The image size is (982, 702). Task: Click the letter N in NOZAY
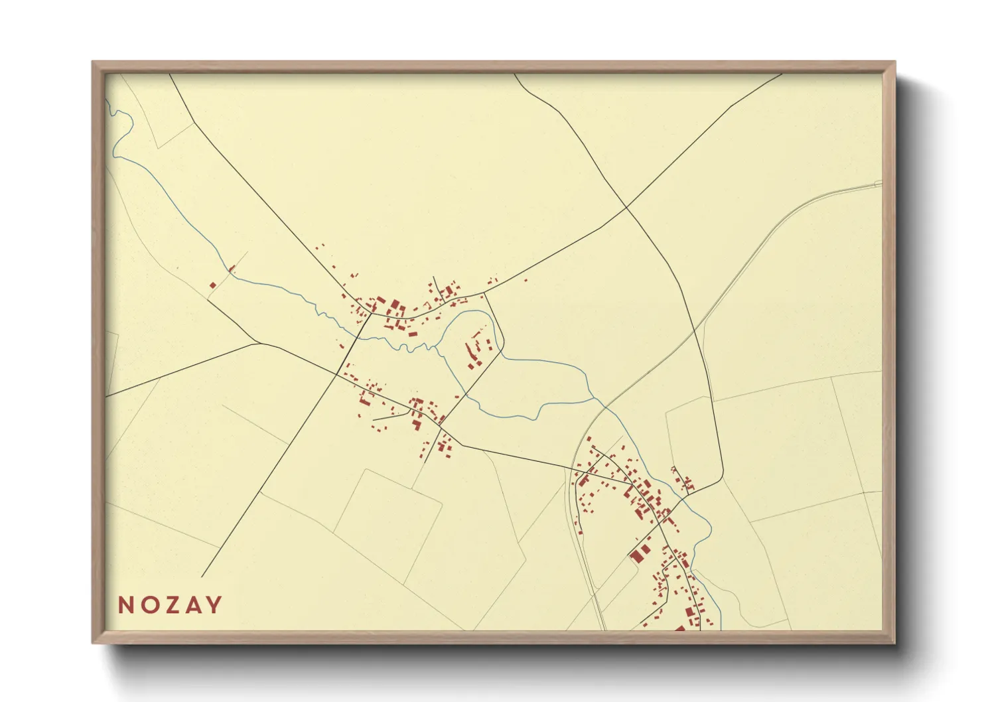click(x=125, y=605)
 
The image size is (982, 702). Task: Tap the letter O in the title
click(x=149, y=605)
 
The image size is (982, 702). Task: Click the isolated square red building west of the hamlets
click(x=213, y=285)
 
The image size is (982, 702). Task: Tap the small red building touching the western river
click(x=232, y=269)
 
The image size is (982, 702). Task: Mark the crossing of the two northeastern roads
click(x=626, y=208)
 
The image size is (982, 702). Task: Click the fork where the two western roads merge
click(x=258, y=343)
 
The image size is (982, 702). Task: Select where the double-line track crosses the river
click(x=601, y=405)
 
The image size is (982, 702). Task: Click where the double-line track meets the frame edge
click(x=880, y=183)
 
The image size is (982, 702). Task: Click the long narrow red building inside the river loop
click(x=472, y=351)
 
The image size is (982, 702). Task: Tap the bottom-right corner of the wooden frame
click(x=894, y=642)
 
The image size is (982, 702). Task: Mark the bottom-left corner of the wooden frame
click(x=94, y=642)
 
